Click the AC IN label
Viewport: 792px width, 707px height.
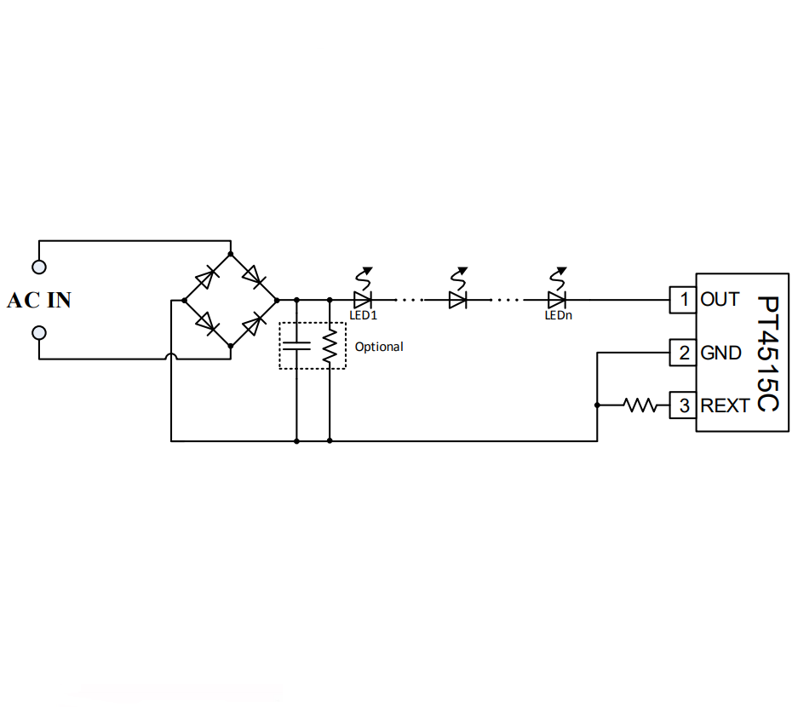pyautogui.click(x=39, y=300)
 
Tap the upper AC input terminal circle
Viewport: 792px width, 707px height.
pyautogui.click(x=39, y=267)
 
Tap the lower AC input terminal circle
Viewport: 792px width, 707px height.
pyautogui.click(x=39, y=333)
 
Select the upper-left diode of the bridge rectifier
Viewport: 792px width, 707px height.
pyautogui.click(x=206, y=278)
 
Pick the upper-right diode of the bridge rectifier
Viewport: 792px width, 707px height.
pyautogui.click(x=254, y=276)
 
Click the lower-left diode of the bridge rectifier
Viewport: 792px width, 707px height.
pyautogui.click(x=206, y=323)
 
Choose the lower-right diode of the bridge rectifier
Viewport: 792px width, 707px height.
pyautogui.click(x=254, y=324)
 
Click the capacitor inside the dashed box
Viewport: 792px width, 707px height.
pyautogui.click(x=296, y=346)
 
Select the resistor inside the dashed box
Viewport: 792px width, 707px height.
pyautogui.click(x=330, y=346)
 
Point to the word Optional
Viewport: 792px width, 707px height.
pyautogui.click(x=379, y=347)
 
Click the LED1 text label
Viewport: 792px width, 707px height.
pyautogui.click(x=363, y=315)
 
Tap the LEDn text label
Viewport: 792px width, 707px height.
pyautogui.click(x=558, y=315)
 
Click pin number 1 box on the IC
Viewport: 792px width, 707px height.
pyautogui.click(x=683, y=300)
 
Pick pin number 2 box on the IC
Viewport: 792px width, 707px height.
pyautogui.click(x=683, y=353)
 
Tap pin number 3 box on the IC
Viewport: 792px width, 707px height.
pyautogui.click(x=683, y=405)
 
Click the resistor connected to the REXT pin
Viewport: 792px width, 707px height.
pyautogui.click(x=640, y=405)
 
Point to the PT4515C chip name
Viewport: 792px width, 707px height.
pyautogui.click(x=768, y=353)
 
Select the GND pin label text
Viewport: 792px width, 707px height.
pyautogui.click(x=720, y=353)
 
